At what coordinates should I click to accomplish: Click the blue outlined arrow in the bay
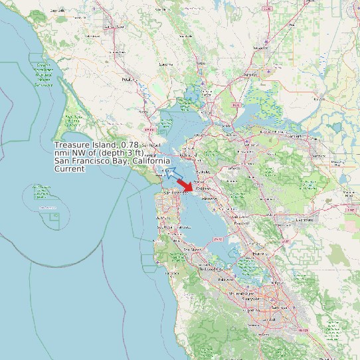pos(173,174)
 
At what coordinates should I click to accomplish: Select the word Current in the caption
pos(70,169)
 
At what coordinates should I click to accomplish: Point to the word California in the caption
pos(150,161)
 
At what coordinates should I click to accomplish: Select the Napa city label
pos(200,64)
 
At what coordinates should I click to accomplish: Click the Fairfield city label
pos(250,74)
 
